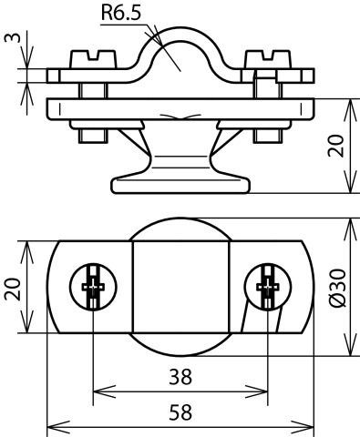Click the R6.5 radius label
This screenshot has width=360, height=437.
point(121,13)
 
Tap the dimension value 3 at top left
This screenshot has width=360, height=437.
point(13,37)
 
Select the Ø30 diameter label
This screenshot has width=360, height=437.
point(337,288)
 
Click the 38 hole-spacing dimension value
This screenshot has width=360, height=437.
point(180,377)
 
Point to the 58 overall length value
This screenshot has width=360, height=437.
point(180,412)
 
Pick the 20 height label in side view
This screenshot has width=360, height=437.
point(336,146)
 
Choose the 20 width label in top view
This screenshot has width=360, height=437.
point(13,289)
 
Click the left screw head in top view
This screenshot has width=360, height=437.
point(93,287)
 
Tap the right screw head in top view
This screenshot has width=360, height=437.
point(268,287)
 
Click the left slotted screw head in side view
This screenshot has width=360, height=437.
point(93,59)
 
